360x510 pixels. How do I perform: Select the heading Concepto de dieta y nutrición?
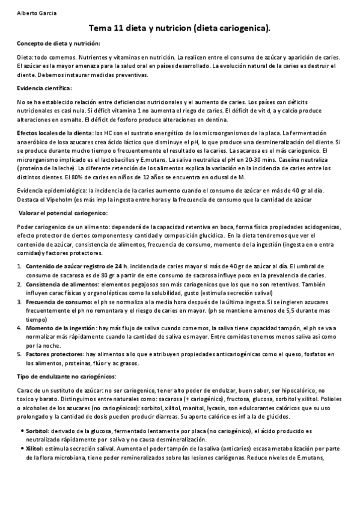pos(58,43)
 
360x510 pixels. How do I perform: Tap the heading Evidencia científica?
pos(44,88)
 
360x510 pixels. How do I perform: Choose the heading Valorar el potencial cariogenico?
pos(63,213)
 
